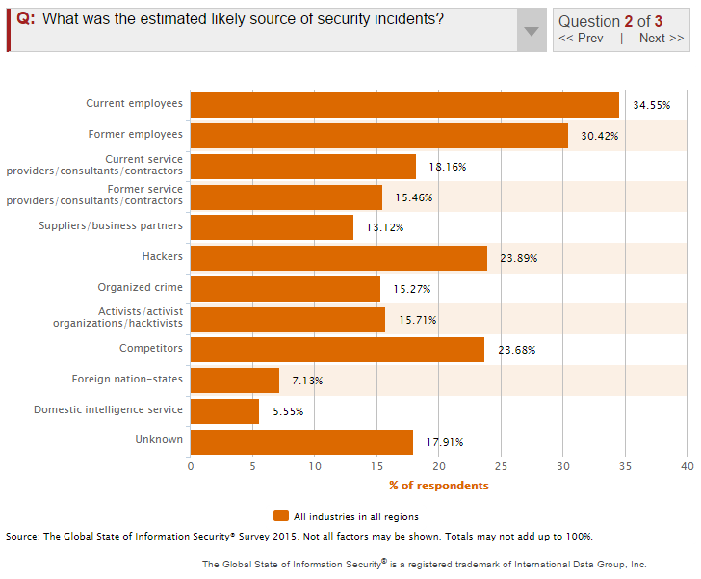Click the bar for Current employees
[404, 104]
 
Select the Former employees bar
[378, 135]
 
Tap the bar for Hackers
[338, 257]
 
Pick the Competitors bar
[337, 350]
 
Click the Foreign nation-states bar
[235, 381]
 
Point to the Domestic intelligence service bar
[224, 411]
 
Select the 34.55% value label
[651, 104]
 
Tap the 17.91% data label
[444, 442]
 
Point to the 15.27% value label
[411, 289]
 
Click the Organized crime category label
[140, 287]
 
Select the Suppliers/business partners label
[110, 225]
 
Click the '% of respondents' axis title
[438, 485]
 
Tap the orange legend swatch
[281, 515]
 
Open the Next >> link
[662, 39]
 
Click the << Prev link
[581, 39]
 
